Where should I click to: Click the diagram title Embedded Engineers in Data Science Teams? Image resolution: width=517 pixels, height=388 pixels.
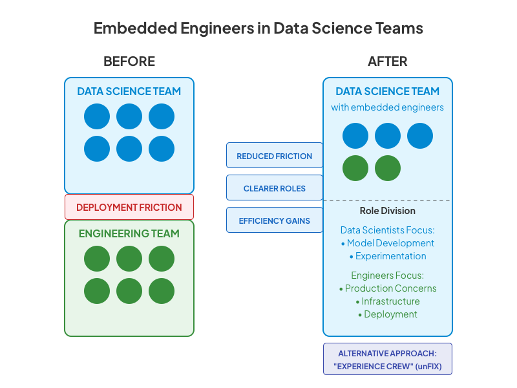pos(258,28)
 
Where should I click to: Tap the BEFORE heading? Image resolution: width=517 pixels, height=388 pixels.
pos(129,62)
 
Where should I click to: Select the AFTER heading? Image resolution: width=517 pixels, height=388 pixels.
pos(388,62)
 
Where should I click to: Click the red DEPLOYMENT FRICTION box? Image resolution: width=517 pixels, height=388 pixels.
pos(129,208)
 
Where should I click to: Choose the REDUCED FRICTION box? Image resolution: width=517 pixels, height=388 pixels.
pos(275,156)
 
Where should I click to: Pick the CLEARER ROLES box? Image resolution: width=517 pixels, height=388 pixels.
pos(275,188)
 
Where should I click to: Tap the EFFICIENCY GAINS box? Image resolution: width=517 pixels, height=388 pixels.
pos(275,221)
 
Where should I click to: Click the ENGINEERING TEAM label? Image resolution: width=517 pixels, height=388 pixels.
pos(129,233)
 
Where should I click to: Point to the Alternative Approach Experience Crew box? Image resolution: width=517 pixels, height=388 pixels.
pos(388,359)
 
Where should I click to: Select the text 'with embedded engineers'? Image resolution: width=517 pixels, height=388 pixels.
pos(388,107)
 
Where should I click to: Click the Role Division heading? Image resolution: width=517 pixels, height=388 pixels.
pos(388,211)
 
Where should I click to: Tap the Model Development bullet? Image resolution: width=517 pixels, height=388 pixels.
pos(388,243)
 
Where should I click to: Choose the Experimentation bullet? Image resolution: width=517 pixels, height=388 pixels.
pos(388,256)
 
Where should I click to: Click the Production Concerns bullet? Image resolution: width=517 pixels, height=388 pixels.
pos(388,288)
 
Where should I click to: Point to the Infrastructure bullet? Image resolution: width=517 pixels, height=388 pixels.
pos(388,301)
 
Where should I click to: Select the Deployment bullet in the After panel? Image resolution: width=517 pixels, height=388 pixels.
pos(388,314)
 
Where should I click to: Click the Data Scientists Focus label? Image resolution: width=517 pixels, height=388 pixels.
pos(388,230)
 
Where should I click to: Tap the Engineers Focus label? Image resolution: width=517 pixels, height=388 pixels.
pos(388,275)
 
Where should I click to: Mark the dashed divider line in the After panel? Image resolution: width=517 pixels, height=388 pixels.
pos(388,200)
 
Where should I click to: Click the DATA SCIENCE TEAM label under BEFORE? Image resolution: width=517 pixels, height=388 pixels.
pos(129,91)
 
